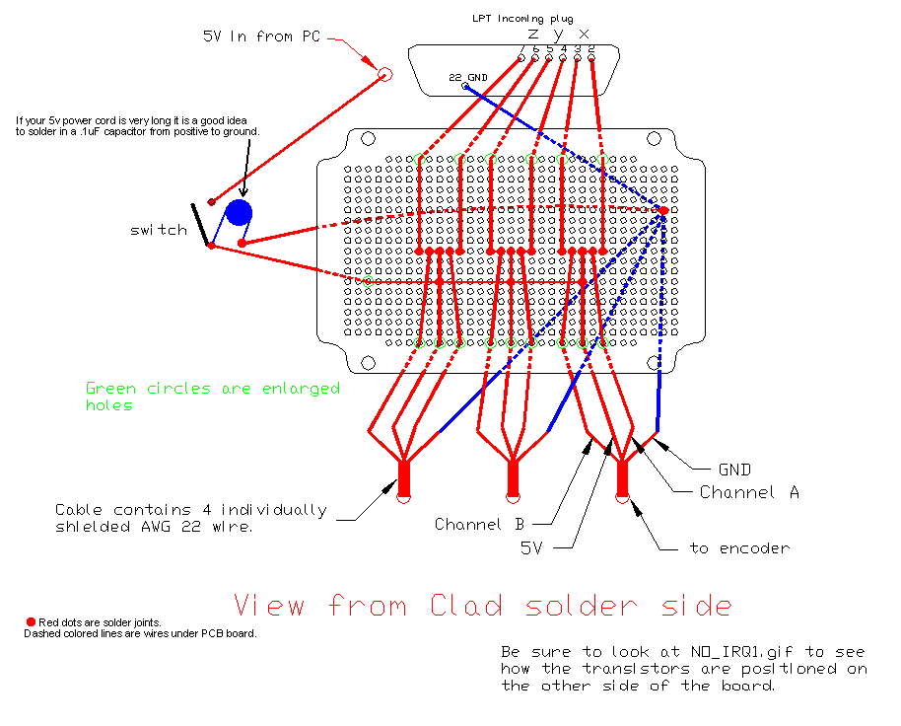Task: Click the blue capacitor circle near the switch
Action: pos(238,213)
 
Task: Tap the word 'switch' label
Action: pos(158,230)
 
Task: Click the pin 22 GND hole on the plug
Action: pos(465,86)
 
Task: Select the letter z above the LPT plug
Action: pos(532,34)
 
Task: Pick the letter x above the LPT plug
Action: pos(584,34)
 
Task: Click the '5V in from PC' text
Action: pos(262,36)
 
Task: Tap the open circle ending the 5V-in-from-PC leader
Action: pos(385,74)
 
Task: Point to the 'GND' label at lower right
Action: pos(734,470)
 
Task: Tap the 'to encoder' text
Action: pos(739,547)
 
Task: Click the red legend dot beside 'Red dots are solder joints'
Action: pos(31,621)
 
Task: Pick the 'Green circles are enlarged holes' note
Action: pos(212,396)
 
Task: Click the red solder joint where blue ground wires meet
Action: pos(663,210)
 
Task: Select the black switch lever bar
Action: pos(200,224)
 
